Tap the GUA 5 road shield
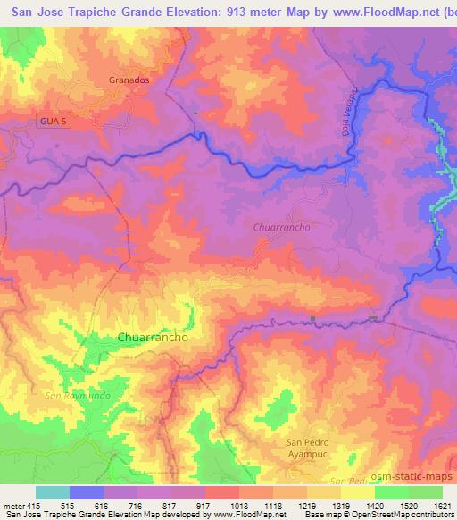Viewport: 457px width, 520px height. [54, 120]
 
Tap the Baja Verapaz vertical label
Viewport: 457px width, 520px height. [349, 113]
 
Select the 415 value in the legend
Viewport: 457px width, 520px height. [25, 505]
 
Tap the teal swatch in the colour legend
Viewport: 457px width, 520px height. [53, 492]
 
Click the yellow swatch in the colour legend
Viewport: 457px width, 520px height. [358, 492]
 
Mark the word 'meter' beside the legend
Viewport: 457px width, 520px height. [9, 505]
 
